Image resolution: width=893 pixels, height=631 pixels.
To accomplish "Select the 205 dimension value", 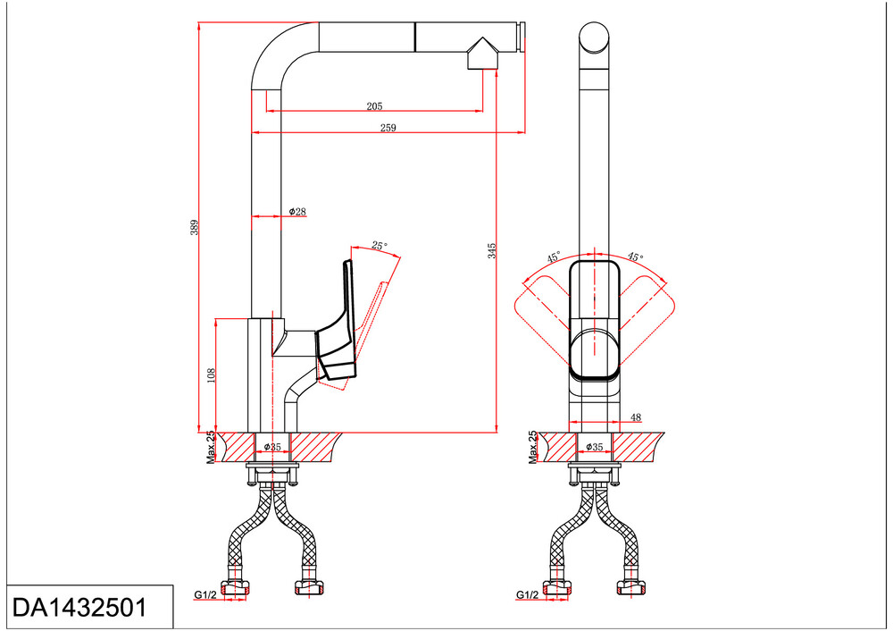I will click(x=374, y=106).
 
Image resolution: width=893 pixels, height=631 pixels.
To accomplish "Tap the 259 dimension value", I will click(x=388, y=128).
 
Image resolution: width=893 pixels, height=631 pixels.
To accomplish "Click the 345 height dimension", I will click(x=492, y=251).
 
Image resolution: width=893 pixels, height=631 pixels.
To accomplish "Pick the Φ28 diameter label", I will click(x=297, y=212).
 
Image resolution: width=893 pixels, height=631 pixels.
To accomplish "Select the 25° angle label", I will click(x=380, y=246).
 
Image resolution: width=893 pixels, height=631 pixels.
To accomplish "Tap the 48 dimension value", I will click(x=635, y=417).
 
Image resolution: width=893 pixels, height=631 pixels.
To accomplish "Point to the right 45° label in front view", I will click(x=634, y=257).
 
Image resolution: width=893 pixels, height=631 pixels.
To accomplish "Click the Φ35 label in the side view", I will click(x=272, y=447).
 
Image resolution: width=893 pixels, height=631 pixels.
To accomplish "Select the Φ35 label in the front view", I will click(x=595, y=447).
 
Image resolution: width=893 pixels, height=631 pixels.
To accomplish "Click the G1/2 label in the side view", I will click(x=204, y=594).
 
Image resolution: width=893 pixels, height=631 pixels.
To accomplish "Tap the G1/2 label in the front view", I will click(x=527, y=594).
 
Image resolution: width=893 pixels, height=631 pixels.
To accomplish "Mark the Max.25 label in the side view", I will click(x=211, y=447).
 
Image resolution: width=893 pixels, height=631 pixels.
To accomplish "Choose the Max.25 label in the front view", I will click(x=533, y=447).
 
